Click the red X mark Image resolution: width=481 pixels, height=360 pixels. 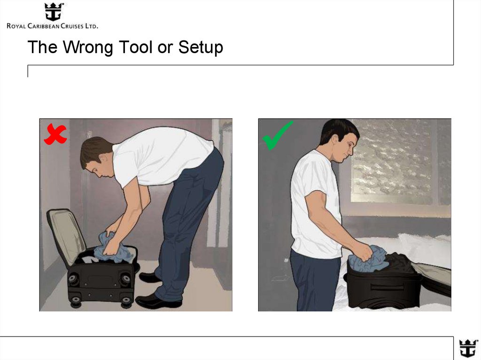[x=55, y=134]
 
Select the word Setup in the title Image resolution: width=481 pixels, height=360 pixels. [x=201, y=48]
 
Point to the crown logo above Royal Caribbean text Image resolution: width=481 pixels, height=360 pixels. [x=54, y=12]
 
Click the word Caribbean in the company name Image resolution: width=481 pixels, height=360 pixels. [x=43, y=26]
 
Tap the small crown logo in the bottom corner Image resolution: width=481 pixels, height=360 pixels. [x=468, y=349]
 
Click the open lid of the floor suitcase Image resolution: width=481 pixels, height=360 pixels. [x=66, y=235]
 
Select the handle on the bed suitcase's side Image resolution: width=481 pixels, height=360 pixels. [x=388, y=287]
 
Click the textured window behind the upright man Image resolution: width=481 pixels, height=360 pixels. [x=394, y=161]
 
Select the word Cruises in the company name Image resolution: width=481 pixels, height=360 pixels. [x=72, y=26]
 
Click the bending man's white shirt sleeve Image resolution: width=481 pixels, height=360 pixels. [x=124, y=168]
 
